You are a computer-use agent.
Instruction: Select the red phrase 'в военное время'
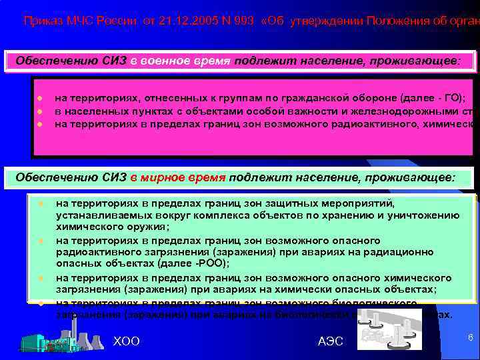pyautogui.click(x=179, y=61)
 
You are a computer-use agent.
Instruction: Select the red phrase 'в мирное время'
pyautogui.click(x=179, y=177)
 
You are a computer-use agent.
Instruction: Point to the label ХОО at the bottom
pyautogui.click(x=127, y=341)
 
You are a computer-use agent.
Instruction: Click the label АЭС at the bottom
pyautogui.click(x=331, y=341)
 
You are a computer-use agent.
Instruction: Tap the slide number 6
pyautogui.click(x=471, y=338)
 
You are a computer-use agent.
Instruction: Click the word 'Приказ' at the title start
pyautogui.click(x=40, y=21)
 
